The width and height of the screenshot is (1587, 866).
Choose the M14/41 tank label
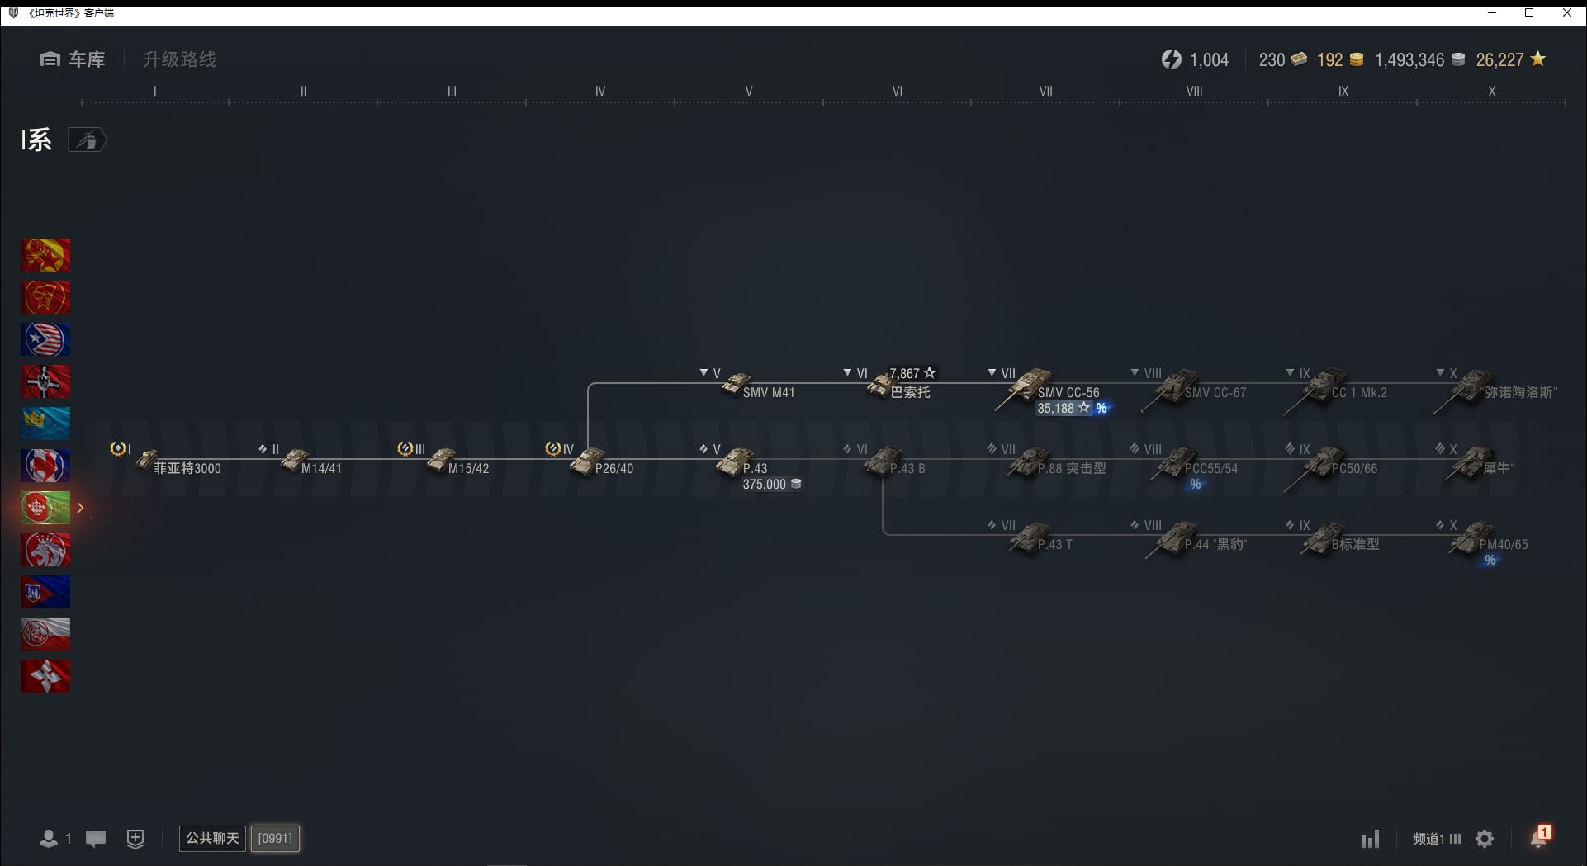(x=320, y=468)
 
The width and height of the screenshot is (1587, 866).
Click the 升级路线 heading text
(x=179, y=59)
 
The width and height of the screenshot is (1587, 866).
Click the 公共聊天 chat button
(x=212, y=838)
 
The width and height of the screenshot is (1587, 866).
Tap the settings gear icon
(x=1485, y=839)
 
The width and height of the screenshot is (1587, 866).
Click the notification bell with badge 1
(x=1538, y=838)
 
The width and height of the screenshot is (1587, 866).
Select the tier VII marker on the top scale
(x=1045, y=92)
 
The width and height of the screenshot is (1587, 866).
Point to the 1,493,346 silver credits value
(x=1409, y=59)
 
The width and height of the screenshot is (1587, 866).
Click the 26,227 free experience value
(x=1499, y=59)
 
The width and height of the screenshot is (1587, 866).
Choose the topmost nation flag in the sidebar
(x=45, y=255)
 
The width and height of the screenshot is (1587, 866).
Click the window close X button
(x=1567, y=12)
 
